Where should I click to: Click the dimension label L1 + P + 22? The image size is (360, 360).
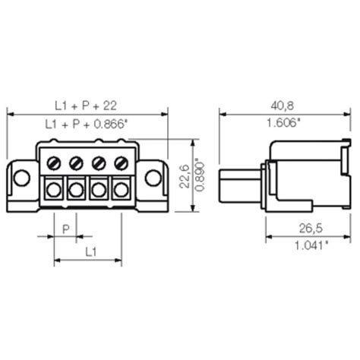click(86, 105)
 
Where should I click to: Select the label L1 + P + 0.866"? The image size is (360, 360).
click(86, 123)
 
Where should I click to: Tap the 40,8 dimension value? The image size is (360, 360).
click(284, 105)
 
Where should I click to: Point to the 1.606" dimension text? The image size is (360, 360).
click(284, 123)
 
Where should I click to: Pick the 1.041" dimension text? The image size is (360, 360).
click(307, 245)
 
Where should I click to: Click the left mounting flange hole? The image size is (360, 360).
click(22, 178)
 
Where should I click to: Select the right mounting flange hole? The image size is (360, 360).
click(153, 178)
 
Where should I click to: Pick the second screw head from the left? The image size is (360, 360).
click(76, 163)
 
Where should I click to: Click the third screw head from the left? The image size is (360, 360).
click(98, 163)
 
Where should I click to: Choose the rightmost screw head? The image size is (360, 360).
click(120, 163)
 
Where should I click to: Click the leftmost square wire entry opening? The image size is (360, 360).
click(54, 189)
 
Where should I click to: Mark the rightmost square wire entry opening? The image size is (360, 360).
click(120, 189)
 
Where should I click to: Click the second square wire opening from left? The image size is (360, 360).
click(76, 189)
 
